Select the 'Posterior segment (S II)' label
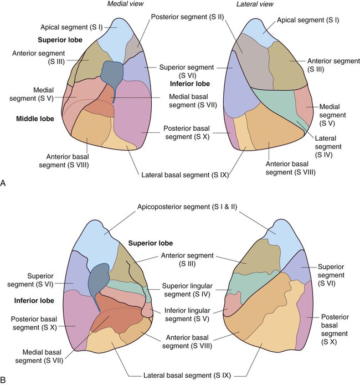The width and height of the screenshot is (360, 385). coord(178,17)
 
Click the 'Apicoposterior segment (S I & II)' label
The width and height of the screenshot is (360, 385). coord(181,207)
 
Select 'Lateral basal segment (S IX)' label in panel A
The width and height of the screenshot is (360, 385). coord(183,175)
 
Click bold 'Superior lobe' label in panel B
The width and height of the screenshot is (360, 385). coord(151,243)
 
